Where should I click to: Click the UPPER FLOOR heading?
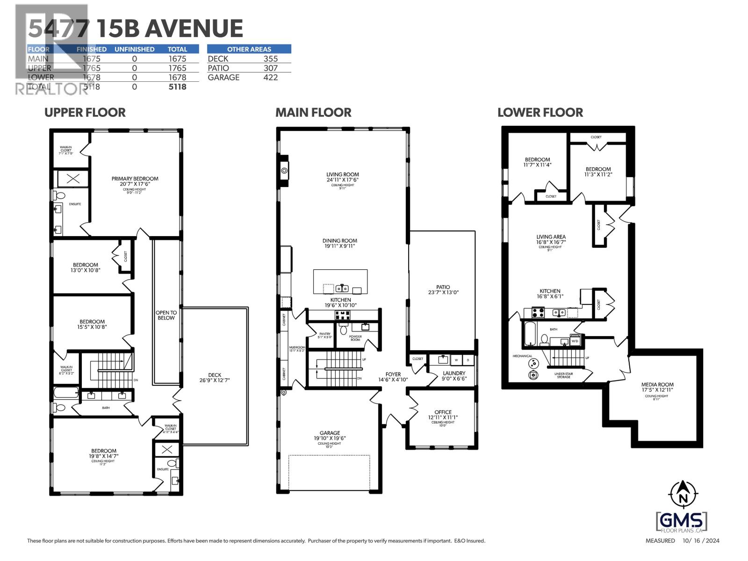point(85,113)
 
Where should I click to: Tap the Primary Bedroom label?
point(135,182)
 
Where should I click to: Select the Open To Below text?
point(166,315)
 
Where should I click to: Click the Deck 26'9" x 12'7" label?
point(215,377)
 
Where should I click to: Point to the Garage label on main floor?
point(330,436)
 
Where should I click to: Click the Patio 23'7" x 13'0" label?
point(443,290)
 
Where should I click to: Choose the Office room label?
point(443,415)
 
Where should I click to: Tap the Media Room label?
point(657,387)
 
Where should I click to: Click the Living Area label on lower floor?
point(551,239)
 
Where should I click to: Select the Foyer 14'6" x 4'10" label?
point(393,377)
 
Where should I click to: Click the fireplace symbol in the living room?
point(284,171)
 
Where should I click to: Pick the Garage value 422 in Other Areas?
point(270,78)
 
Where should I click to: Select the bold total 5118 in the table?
point(177,87)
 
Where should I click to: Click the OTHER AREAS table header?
point(249,49)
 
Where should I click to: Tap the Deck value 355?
point(270,59)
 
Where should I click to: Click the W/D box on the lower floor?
point(575,341)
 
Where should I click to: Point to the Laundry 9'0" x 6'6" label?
point(454,376)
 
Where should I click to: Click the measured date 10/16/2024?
point(701,541)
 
